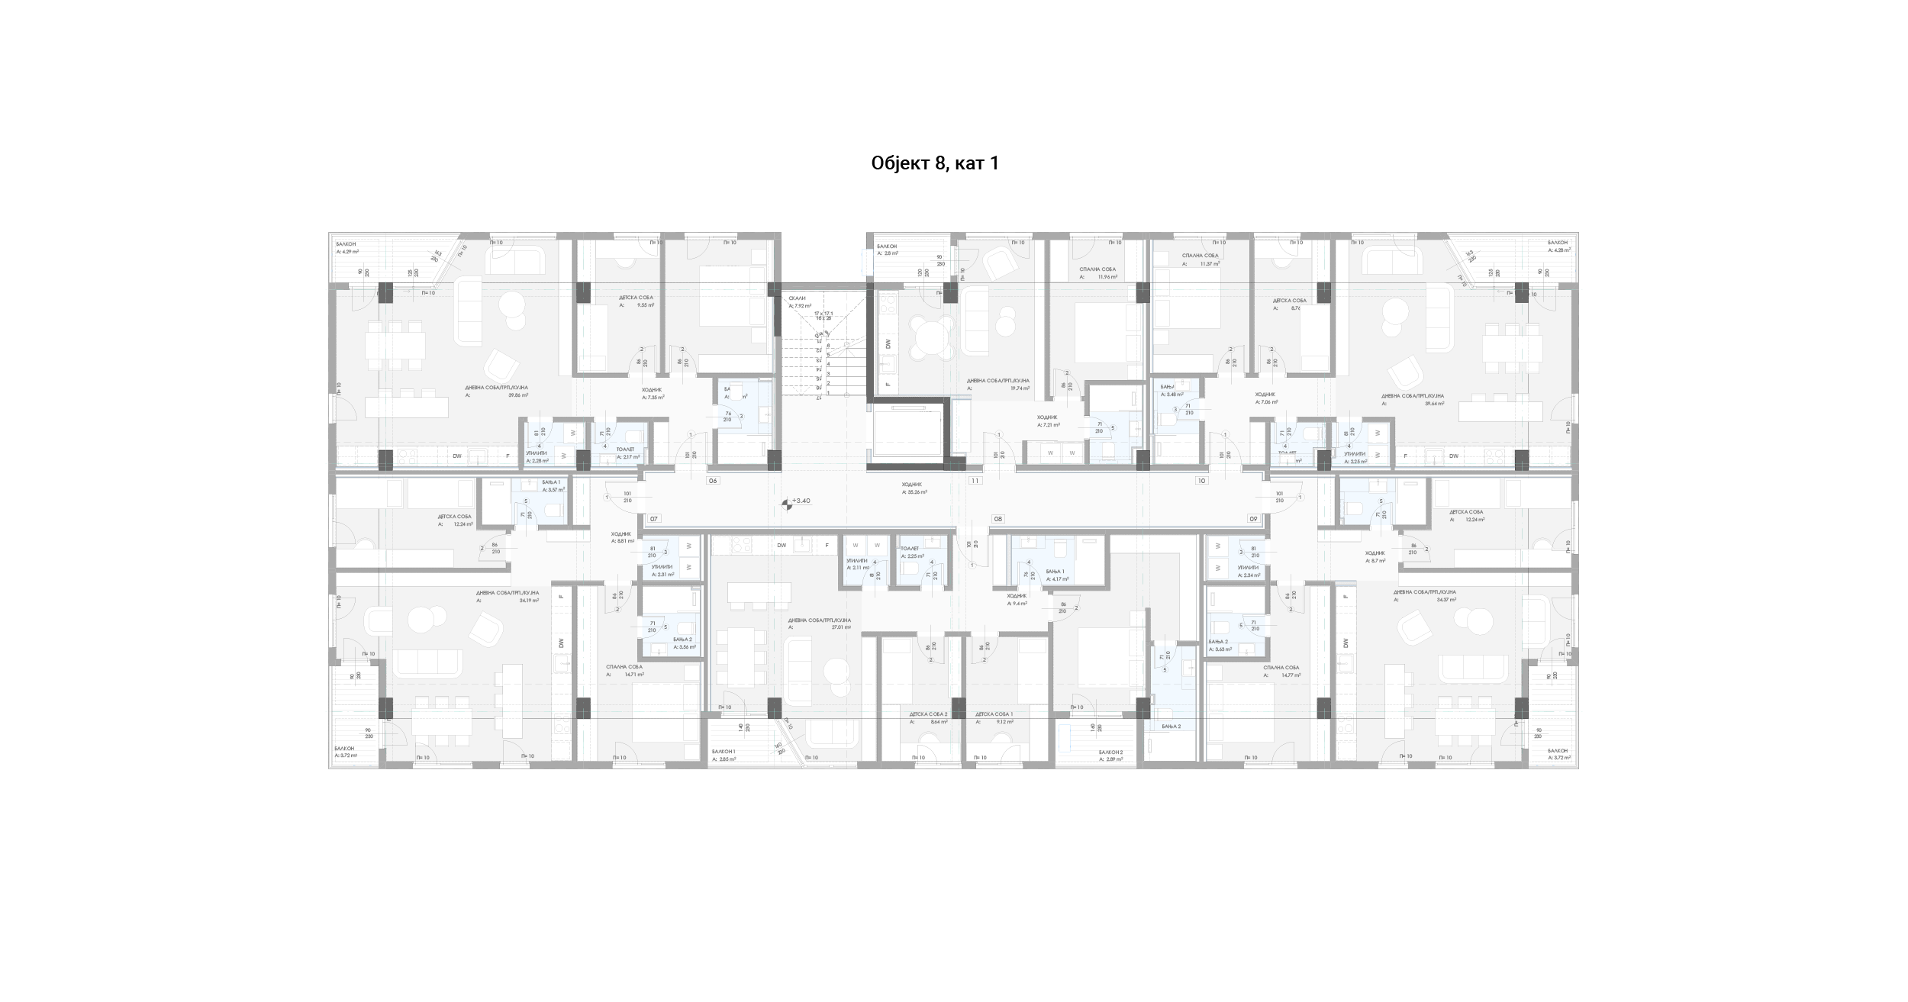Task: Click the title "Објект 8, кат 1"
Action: click(935, 163)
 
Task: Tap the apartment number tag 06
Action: click(713, 481)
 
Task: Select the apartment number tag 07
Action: click(653, 519)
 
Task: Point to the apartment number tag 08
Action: click(998, 519)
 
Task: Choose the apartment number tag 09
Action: click(1252, 519)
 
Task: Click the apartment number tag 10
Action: click(1201, 481)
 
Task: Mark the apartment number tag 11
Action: click(975, 481)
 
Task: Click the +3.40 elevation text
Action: click(801, 501)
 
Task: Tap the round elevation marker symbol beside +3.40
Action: click(786, 504)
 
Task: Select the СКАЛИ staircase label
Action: click(798, 298)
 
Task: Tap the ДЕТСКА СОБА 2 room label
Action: click(928, 714)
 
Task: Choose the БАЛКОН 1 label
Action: click(724, 752)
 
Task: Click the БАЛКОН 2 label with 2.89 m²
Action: click(1111, 752)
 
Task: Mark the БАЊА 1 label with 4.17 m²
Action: click(1055, 572)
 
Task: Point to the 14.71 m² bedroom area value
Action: click(634, 675)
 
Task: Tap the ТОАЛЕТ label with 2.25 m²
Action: click(910, 549)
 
